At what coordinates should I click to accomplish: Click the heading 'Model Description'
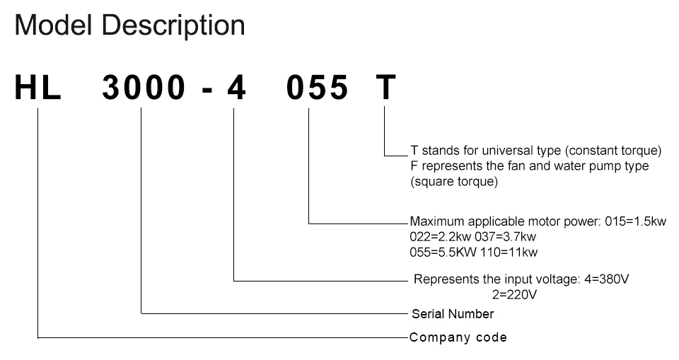point(129,26)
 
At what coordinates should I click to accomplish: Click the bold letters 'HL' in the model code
point(37,89)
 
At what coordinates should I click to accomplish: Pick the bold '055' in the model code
point(318,89)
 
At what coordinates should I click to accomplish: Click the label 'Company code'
point(458,337)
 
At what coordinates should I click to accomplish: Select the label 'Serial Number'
point(453,313)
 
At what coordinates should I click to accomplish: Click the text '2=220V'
point(514,294)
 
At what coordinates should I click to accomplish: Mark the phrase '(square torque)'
point(454,182)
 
